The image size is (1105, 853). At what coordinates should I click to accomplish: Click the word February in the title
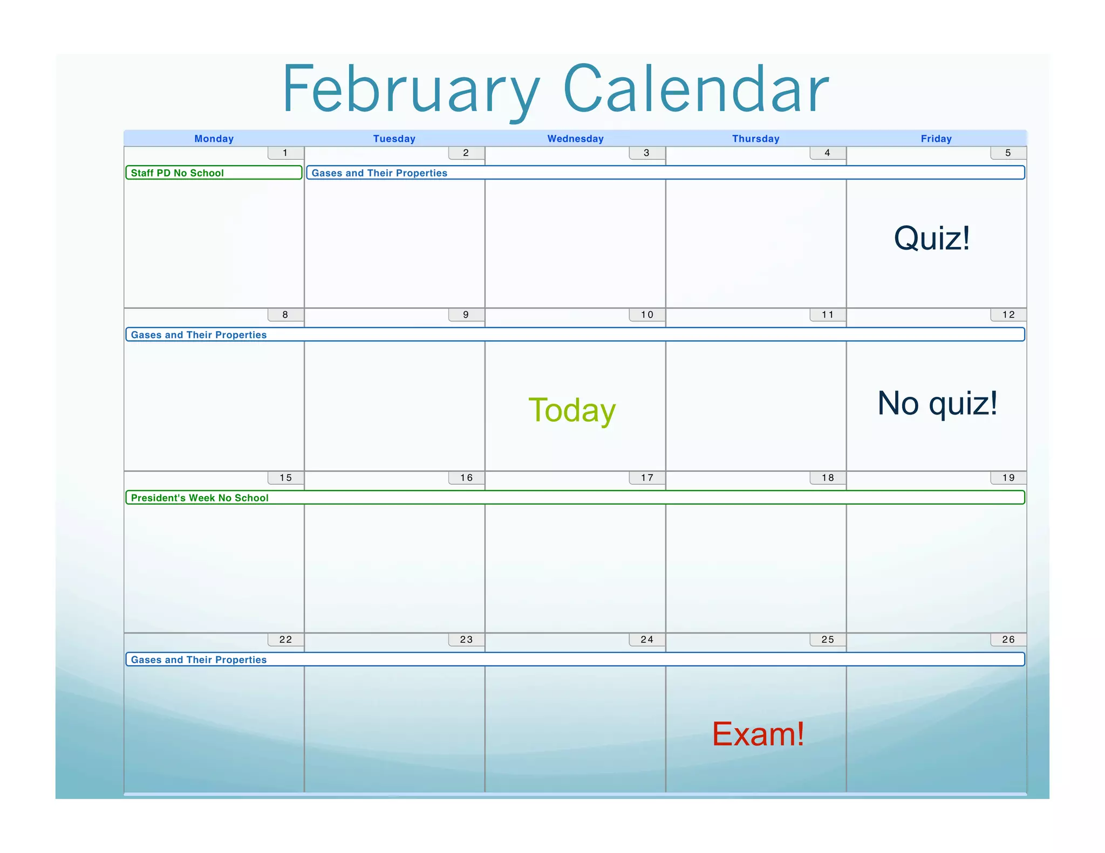click(410, 91)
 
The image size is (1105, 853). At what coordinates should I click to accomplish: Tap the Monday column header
click(214, 139)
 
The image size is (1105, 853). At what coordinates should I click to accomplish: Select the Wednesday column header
click(575, 139)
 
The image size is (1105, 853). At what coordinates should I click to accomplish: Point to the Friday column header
click(936, 139)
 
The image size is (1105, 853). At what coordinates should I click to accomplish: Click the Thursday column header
click(755, 139)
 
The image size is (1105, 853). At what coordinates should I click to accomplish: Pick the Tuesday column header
click(394, 139)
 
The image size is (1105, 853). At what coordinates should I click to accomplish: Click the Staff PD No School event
click(178, 173)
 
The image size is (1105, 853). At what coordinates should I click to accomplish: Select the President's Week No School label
click(200, 498)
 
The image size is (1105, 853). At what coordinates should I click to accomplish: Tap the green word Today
click(572, 410)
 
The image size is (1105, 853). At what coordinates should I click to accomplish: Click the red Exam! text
click(758, 734)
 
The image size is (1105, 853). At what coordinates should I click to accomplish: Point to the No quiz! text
click(937, 403)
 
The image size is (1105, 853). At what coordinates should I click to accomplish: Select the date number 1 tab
click(285, 153)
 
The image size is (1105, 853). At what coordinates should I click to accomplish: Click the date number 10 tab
click(647, 315)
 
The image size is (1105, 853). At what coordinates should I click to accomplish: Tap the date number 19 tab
click(1008, 478)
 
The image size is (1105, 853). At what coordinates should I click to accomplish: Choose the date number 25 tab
click(828, 639)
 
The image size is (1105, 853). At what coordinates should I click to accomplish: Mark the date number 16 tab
click(466, 478)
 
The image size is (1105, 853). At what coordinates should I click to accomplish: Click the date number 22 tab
click(285, 639)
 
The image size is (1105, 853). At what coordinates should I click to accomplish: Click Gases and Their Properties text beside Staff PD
click(379, 173)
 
